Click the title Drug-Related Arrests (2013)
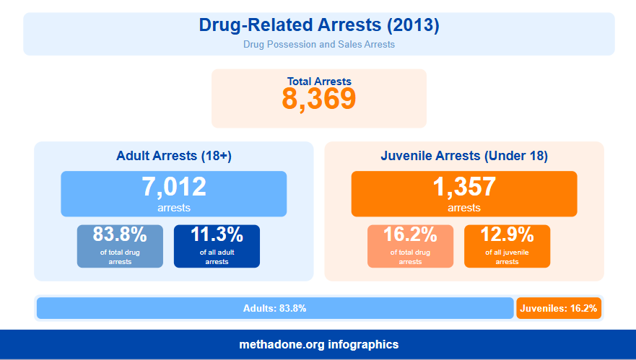pos(318,25)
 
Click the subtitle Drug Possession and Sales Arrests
pos(318,45)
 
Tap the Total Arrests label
pos(318,82)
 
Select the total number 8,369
pos(318,100)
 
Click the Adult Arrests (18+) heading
pos(173,156)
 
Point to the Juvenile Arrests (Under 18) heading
pos(463,156)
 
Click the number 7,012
pos(173,187)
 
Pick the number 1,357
pos(463,187)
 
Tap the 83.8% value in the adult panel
pos(120,234)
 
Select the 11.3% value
pos(217,234)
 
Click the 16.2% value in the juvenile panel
pos(410,234)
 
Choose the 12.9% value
pos(507,234)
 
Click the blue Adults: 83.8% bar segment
pos(274,308)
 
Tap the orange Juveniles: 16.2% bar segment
pos(559,308)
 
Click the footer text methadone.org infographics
pos(318,345)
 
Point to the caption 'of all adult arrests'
pos(217,257)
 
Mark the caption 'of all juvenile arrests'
pos(507,257)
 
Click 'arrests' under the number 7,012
pos(173,208)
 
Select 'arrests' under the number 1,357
pos(463,208)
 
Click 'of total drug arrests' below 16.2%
pos(410,257)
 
